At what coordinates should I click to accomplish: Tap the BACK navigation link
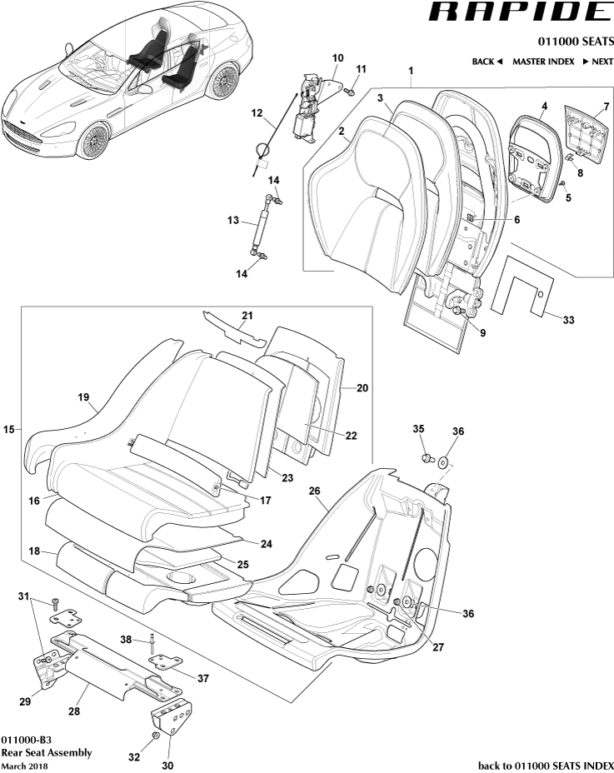[x=487, y=62]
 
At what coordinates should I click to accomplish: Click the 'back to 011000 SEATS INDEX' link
[x=546, y=765]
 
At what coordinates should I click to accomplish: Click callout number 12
[x=257, y=112]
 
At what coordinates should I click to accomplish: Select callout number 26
[x=315, y=491]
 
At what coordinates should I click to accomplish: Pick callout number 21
[x=247, y=315]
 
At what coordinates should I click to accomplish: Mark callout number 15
[x=9, y=429]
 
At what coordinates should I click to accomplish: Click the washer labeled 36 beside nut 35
[x=442, y=459]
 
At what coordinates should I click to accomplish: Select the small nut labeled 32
[x=155, y=737]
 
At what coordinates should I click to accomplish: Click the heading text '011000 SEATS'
[x=572, y=42]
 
